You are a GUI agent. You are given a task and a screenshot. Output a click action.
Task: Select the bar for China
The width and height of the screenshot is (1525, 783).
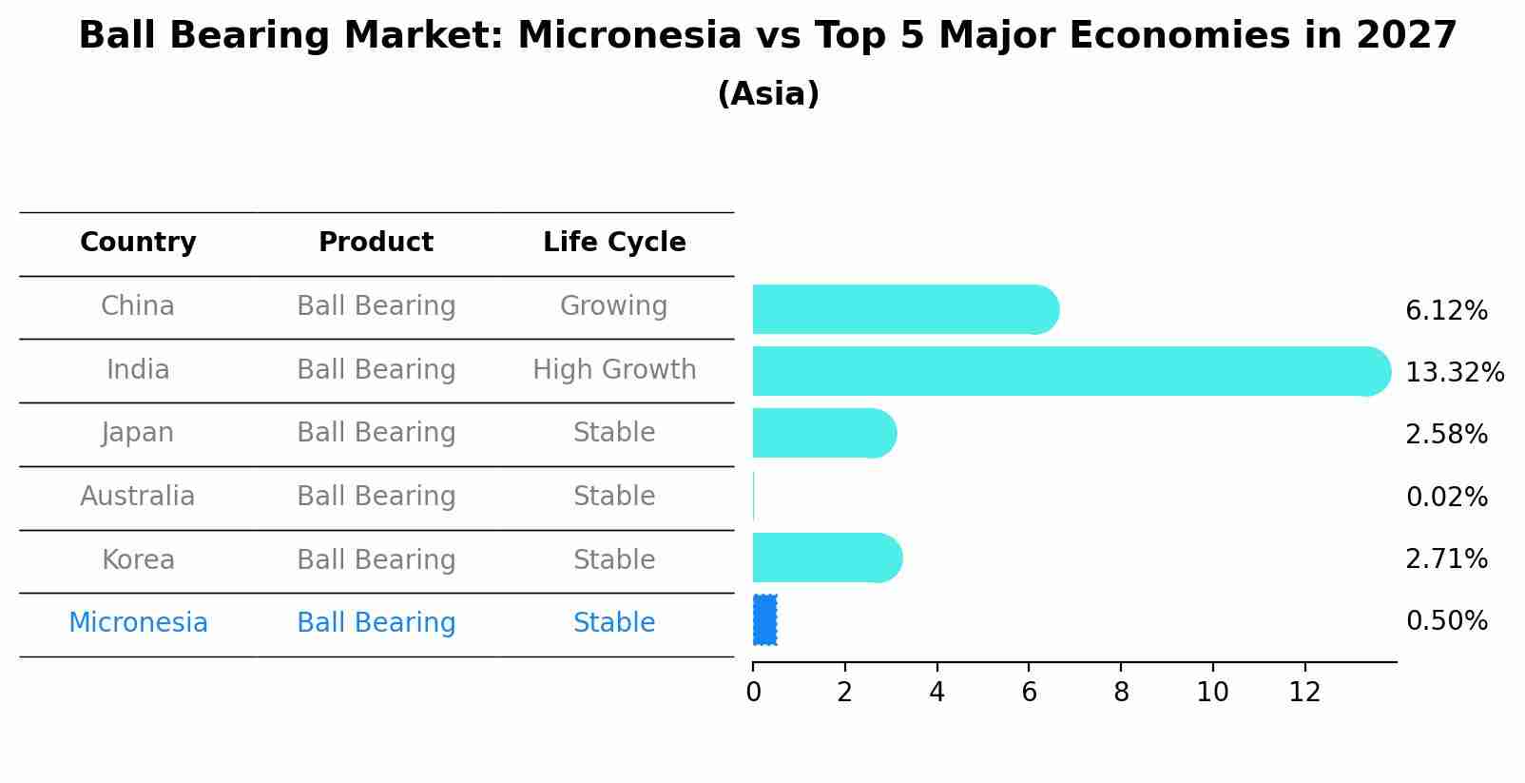[x=903, y=309]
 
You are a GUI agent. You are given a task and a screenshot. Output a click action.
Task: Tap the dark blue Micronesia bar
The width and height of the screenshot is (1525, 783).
[x=764, y=619]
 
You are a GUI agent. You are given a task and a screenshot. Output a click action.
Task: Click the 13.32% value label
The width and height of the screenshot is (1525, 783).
[x=1454, y=372]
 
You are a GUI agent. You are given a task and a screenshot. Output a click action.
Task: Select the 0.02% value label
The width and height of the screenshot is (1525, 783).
[x=1446, y=497]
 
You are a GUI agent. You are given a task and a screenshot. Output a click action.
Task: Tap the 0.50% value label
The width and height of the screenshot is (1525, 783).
[x=1446, y=621]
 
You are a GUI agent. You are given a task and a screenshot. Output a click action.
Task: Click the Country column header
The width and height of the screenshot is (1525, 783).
[x=138, y=243]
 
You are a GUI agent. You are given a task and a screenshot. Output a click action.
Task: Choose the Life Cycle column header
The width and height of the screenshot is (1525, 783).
[x=614, y=243]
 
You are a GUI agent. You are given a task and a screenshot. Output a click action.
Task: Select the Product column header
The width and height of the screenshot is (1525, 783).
[x=376, y=243]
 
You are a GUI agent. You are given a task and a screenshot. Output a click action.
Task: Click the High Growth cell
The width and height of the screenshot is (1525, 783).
[x=614, y=369]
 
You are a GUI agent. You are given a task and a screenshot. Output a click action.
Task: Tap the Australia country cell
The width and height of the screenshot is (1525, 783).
[x=138, y=496]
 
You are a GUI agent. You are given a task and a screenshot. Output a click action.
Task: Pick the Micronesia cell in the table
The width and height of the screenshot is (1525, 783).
[x=138, y=622]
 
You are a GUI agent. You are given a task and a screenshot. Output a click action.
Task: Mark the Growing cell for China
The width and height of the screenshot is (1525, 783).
[x=613, y=305]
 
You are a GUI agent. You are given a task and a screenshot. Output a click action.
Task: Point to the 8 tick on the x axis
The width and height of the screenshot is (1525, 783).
[x=1121, y=692]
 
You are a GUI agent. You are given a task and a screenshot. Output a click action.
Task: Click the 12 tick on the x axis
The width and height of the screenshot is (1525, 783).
[x=1304, y=692]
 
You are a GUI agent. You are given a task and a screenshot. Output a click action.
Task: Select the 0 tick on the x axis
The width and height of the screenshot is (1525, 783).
[x=753, y=692]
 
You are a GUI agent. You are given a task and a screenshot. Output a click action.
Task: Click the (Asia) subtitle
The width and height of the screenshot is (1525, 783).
[x=768, y=94]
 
